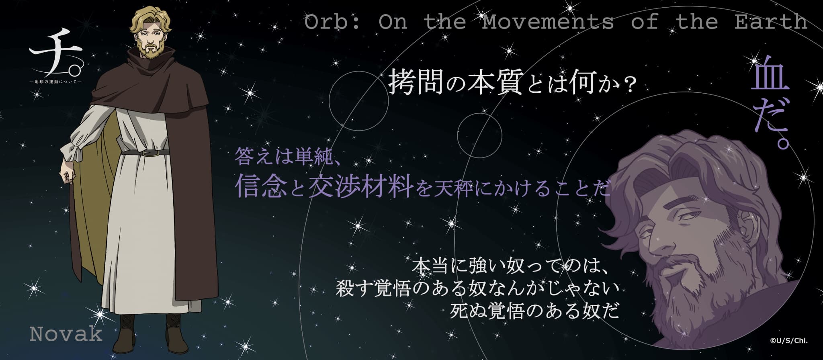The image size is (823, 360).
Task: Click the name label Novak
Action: tap(66, 334)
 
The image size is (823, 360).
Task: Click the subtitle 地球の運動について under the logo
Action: tap(56, 82)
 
